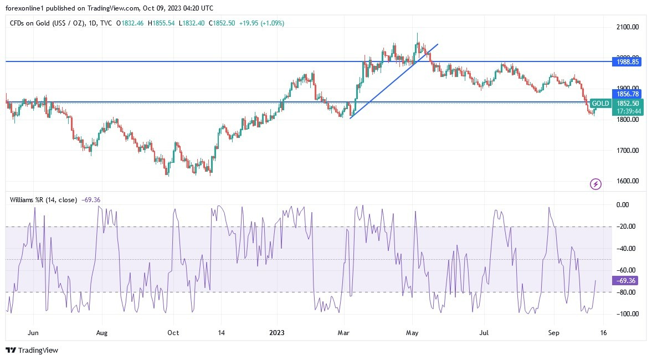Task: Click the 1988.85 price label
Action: click(x=628, y=62)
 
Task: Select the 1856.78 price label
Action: click(x=628, y=94)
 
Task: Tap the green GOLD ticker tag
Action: click(x=600, y=104)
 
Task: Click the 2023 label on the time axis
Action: click(x=276, y=333)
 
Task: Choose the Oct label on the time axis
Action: click(x=173, y=333)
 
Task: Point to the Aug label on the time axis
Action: click(x=102, y=333)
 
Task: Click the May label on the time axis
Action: click(x=412, y=333)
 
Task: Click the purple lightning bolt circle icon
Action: click(x=595, y=184)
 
